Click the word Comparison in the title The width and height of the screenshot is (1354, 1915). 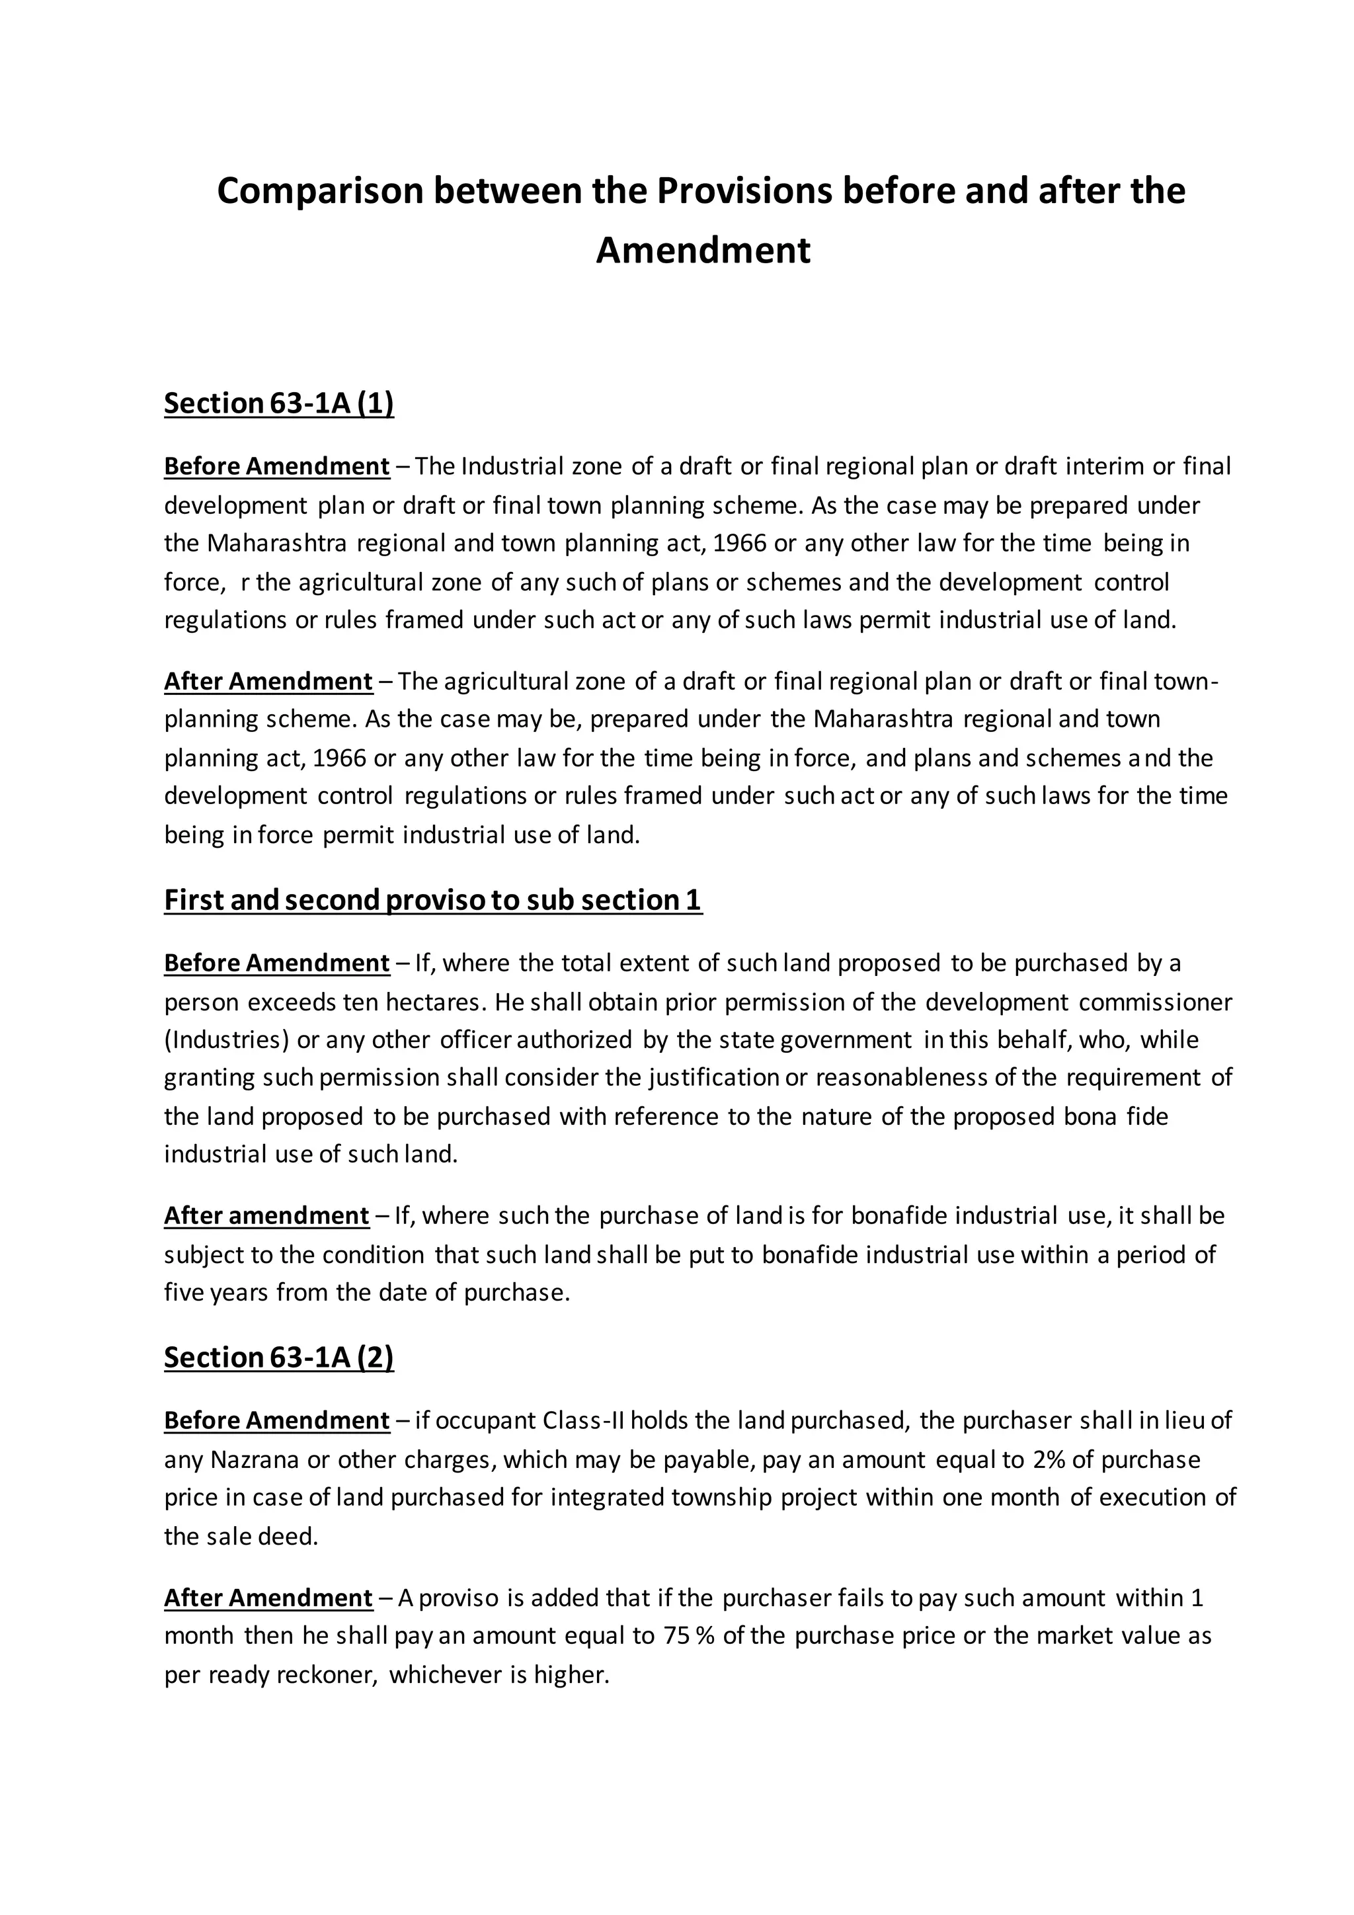click(x=319, y=192)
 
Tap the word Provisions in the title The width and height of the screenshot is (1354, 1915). click(x=744, y=192)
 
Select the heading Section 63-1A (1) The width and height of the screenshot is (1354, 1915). click(x=278, y=403)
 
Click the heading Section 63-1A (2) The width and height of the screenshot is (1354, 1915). click(x=278, y=1357)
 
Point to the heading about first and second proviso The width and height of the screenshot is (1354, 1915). click(x=433, y=900)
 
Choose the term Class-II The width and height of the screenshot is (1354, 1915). click(x=584, y=1420)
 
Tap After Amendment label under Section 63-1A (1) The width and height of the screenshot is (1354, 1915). click(x=268, y=682)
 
